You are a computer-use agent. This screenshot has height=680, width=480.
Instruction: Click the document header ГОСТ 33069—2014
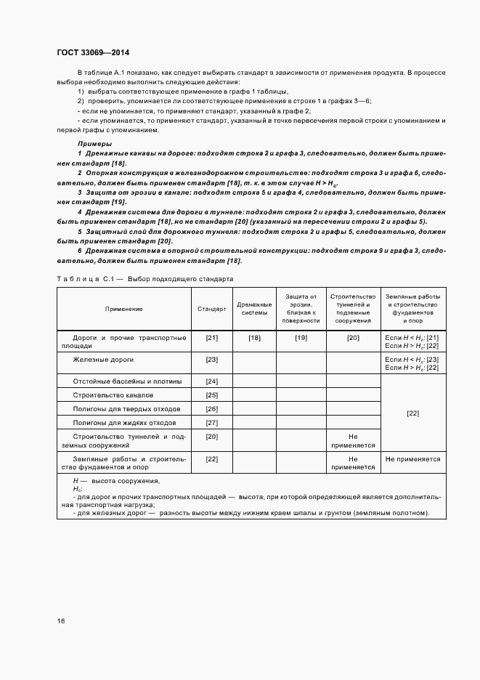pyautogui.click(x=94, y=52)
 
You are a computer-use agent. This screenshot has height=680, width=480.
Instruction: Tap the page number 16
pyautogui.click(x=61, y=620)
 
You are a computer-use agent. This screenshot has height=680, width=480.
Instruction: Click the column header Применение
pyautogui.click(x=123, y=309)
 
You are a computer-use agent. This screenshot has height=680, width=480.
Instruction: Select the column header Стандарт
pyautogui.click(x=212, y=309)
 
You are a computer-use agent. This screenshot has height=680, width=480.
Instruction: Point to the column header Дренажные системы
pyautogui.click(x=254, y=309)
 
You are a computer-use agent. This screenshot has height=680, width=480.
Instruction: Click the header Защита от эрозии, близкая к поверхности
pyautogui.click(x=301, y=308)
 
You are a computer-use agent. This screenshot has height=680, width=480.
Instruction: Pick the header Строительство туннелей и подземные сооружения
pyautogui.click(x=353, y=308)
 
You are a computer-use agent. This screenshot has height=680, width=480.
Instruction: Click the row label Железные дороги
pyautogui.click(x=103, y=360)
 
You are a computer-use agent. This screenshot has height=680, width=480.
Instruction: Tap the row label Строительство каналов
pyautogui.click(x=113, y=395)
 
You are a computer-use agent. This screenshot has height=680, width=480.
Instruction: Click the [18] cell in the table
pyautogui.click(x=254, y=338)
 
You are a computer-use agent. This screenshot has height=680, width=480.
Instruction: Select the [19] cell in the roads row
pyautogui.click(x=301, y=338)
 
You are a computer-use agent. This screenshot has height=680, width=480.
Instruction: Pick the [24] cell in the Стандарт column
pyautogui.click(x=212, y=381)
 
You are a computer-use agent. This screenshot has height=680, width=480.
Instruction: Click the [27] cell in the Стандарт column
pyautogui.click(x=212, y=423)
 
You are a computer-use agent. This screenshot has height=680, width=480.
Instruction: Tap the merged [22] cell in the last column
pyautogui.click(x=412, y=413)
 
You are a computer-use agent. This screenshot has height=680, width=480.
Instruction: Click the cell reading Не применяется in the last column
pyautogui.click(x=412, y=460)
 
